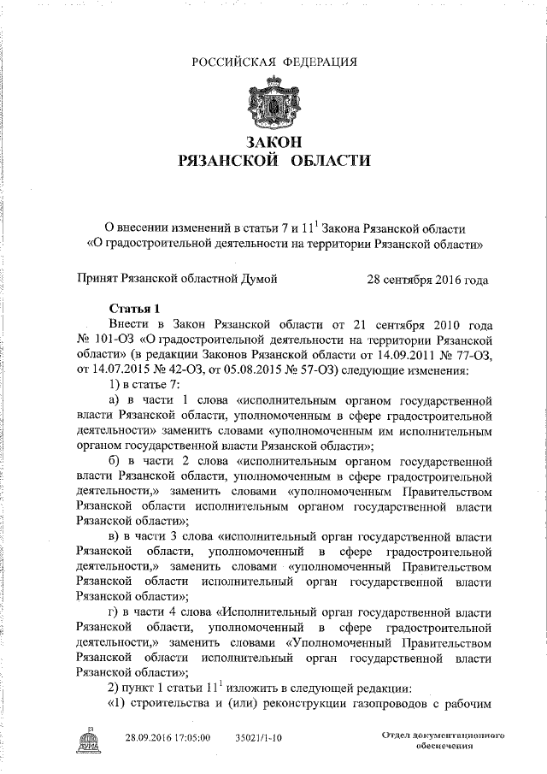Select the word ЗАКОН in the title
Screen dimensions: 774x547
[273, 141]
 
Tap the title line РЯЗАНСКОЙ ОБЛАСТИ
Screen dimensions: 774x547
[273, 160]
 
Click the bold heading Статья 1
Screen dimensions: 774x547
[135, 309]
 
